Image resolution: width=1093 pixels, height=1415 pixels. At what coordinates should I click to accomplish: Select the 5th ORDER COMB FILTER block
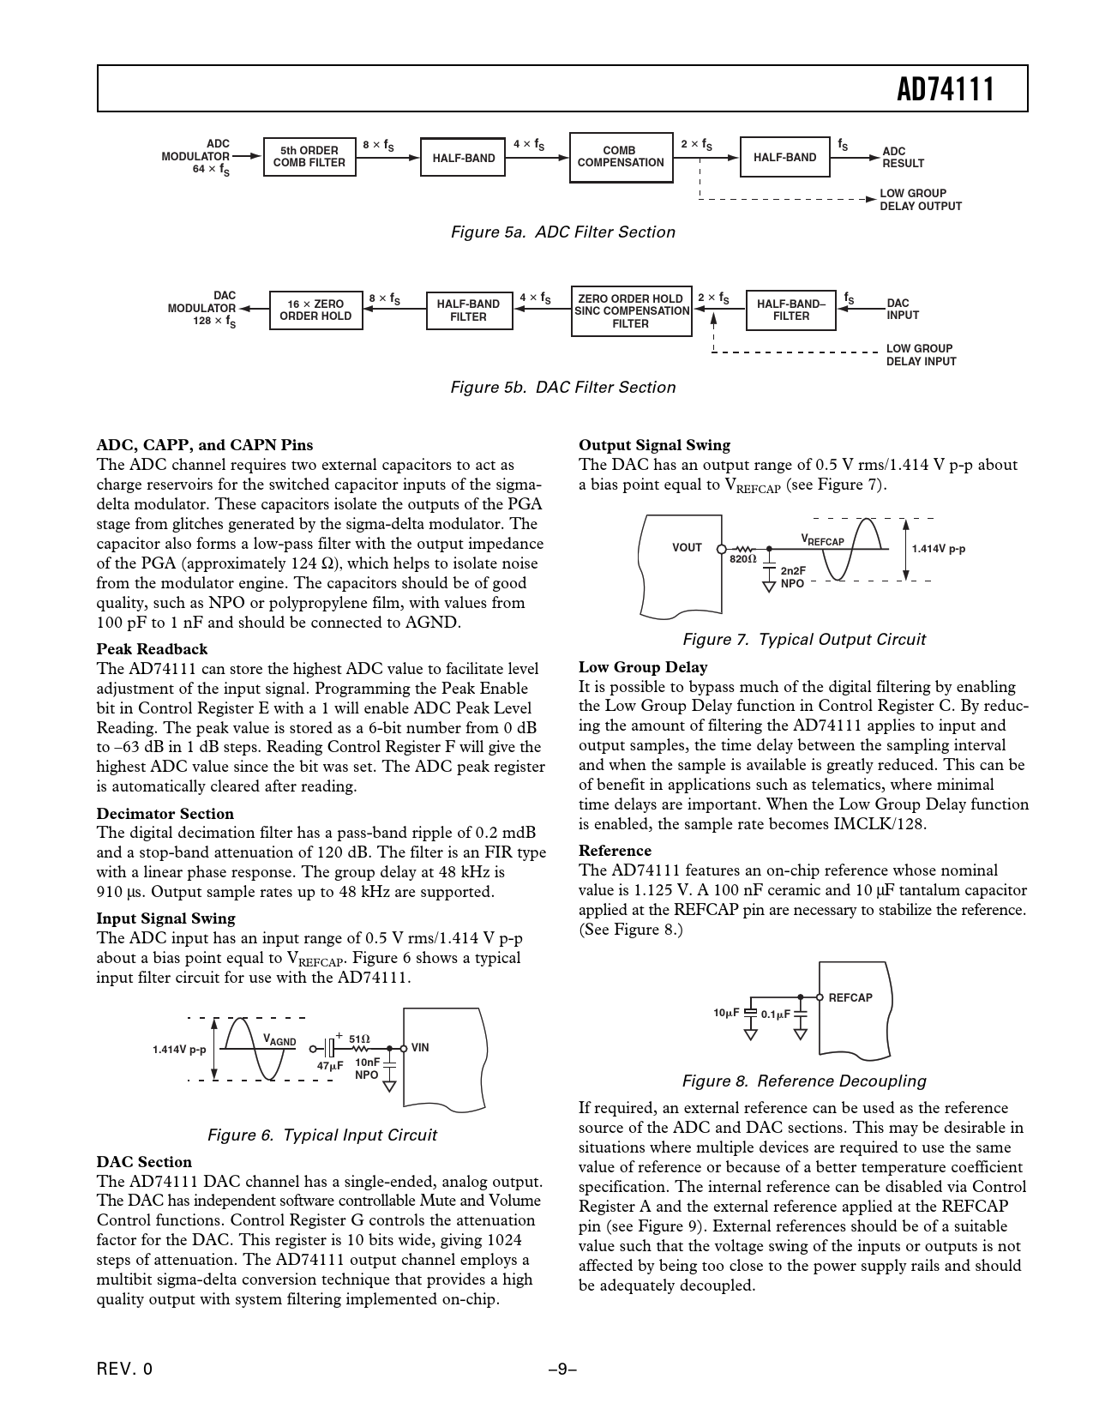309,157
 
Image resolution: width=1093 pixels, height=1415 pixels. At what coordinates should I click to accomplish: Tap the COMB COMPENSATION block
621,157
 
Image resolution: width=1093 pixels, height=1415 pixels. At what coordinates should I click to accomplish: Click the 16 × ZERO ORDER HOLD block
315,310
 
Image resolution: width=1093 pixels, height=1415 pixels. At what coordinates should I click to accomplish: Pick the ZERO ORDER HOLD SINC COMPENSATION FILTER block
631,311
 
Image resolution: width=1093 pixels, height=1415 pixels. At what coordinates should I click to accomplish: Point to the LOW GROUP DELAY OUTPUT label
921,200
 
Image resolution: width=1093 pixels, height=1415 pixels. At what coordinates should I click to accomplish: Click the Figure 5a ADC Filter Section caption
562,232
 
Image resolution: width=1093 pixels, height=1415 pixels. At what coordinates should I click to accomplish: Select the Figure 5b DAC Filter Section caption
562,388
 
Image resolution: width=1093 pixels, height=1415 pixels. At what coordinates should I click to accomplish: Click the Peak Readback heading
152,649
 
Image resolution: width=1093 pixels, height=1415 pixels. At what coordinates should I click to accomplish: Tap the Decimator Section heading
165,814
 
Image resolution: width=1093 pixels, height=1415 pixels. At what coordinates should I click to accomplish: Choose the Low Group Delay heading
643,667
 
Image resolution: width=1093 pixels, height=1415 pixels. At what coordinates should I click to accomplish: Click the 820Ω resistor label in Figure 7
743,559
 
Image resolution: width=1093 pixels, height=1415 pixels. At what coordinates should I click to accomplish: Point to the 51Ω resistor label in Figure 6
359,1039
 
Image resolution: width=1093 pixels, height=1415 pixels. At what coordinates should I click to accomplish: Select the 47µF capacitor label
330,1066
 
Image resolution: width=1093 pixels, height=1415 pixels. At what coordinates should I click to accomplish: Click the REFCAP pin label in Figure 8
850,997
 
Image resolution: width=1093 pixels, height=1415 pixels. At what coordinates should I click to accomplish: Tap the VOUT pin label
687,548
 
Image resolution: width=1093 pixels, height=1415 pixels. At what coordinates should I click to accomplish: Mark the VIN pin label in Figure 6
420,1048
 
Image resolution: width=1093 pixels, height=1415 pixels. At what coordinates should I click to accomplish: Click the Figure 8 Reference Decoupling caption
803,1081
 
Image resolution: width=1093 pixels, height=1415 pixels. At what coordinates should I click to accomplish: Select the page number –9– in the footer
562,1370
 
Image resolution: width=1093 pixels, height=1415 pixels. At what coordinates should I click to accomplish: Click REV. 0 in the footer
124,1370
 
